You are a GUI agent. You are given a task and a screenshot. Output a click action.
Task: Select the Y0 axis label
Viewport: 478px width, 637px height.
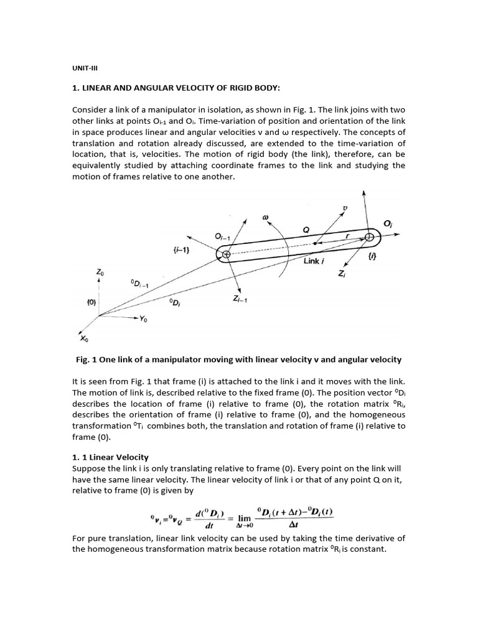tap(144, 318)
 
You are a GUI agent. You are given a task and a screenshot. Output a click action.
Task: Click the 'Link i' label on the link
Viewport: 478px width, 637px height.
tap(315, 261)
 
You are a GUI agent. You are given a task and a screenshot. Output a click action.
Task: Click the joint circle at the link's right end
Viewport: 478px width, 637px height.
tap(371, 236)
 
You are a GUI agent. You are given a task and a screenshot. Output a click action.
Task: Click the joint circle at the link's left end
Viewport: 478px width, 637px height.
tap(226, 254)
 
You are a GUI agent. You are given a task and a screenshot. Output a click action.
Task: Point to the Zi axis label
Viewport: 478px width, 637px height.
tap(342, 275)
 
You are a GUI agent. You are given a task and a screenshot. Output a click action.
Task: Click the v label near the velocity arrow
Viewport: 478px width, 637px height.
tap(345, 207)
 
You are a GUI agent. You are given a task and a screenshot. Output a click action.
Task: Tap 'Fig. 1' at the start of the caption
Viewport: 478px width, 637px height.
tap(85, 360)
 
